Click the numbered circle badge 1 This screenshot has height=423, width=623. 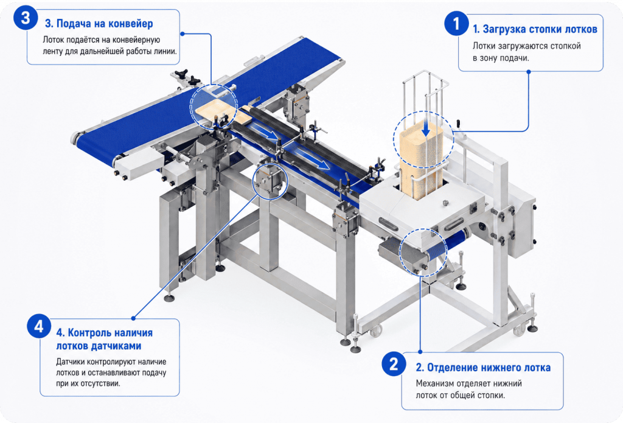456,23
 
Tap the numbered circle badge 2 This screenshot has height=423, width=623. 394,364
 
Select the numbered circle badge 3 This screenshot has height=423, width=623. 26,18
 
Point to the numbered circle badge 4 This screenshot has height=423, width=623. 39,326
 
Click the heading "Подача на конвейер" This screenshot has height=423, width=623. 105,24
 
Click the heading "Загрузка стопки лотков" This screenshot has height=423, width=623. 540,29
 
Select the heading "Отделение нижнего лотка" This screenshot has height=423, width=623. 489,368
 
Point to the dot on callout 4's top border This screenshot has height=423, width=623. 133,318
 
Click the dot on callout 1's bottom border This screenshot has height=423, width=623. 529,72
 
